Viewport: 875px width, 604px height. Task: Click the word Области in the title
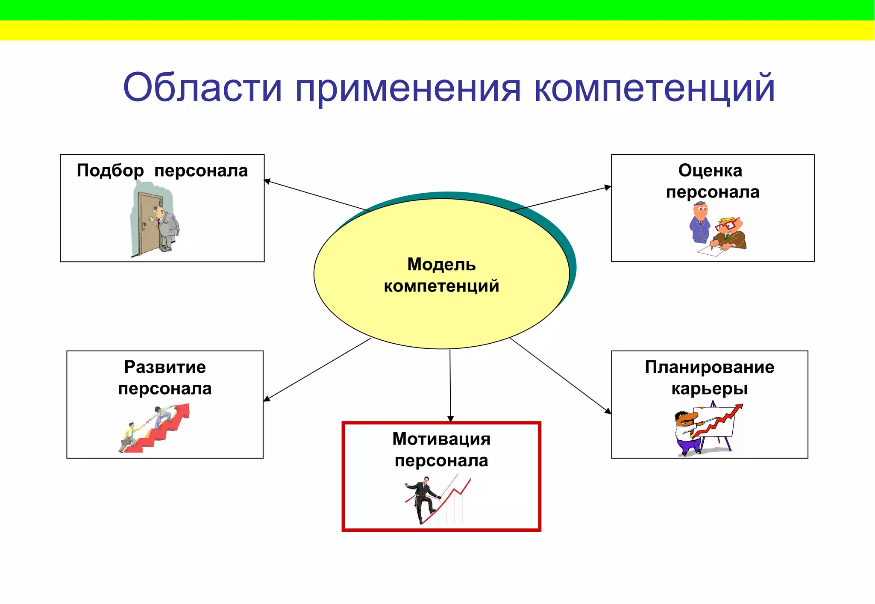(203, 88)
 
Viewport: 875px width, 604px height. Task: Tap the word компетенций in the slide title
(654, 88)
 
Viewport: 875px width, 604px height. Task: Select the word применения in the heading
(408, 88)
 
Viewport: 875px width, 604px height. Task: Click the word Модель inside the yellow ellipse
(441, 264)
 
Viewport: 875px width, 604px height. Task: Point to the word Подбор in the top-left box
(110, 171)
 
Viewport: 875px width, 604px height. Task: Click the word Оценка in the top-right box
(710, 171)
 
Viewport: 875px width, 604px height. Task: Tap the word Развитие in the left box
(165, 367)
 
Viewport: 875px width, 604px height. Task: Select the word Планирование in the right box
(709, 367)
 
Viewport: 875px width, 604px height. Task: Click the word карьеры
(709, 389)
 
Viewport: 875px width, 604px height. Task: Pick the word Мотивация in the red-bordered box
(441, 439)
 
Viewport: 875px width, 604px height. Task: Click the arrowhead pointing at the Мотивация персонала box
(450, 418)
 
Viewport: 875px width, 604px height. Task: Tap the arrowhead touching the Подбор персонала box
(267, 181)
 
